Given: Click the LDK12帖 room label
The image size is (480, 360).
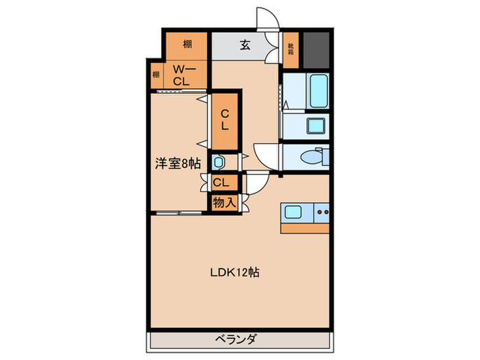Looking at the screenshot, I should coord(234,272).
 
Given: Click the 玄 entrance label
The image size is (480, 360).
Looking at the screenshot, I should coord(244,46).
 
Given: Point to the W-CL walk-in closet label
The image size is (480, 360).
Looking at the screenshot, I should coord(182,75).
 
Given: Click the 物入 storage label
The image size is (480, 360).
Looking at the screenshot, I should coord(224,202).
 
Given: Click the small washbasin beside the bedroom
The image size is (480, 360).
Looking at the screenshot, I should coord(217,163).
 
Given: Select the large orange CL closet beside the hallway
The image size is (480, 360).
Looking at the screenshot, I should coord(224,121).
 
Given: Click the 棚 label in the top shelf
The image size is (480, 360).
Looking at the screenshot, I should coord(187,45).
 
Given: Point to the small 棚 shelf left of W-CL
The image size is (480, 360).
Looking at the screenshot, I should coord(156,75).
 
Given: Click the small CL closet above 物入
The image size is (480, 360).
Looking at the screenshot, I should coord(221,182).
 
